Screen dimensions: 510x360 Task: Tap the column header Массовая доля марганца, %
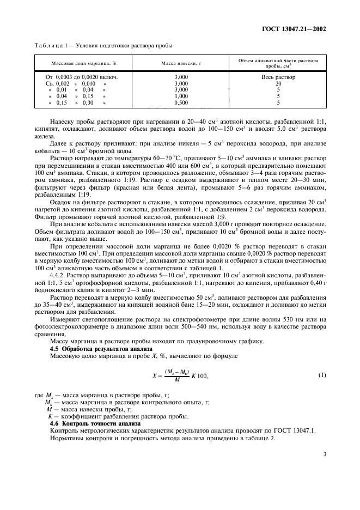(84, 64)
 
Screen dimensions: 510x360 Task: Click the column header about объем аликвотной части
(278, 63)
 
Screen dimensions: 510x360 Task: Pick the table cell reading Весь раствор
(278, 77)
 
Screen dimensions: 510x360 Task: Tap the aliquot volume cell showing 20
(278, 83)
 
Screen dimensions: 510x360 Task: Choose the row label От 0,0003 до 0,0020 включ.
(82, 77)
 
